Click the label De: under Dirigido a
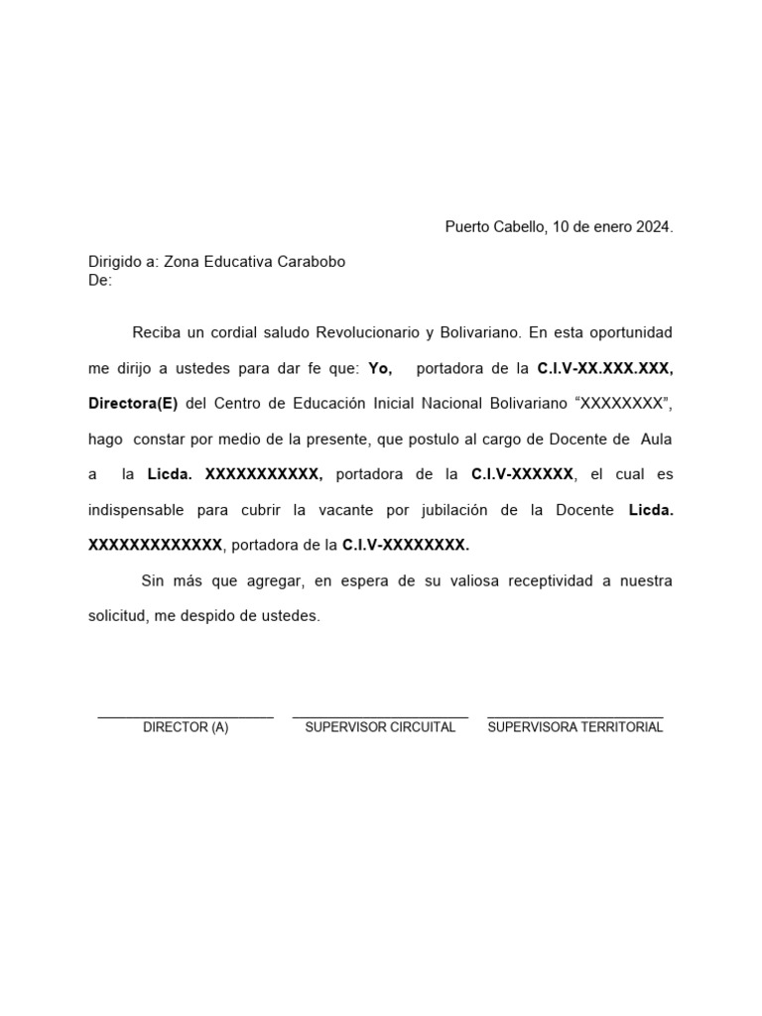100,280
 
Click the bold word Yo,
380,368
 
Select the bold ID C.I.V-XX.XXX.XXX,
604,368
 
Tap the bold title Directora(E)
133,404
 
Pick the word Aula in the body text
657,439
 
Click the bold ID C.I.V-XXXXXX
522,474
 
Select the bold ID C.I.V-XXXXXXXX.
406,545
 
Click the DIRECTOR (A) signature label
186,727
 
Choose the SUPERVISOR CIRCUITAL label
380,727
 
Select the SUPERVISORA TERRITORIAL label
575,727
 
